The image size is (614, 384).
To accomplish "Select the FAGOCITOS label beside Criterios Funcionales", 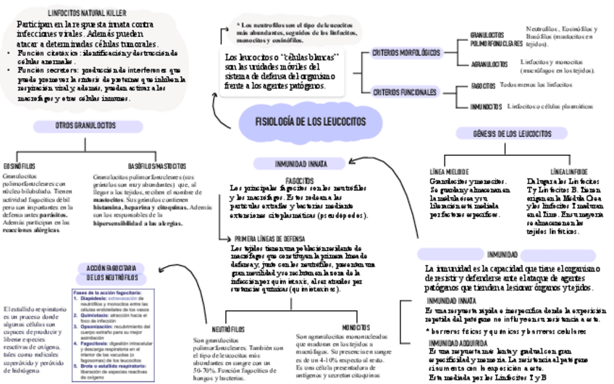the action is click(x=483, y=85).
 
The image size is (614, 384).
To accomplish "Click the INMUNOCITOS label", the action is click(x=486, y=107).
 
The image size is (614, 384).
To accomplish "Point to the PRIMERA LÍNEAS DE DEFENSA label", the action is click(x=269, y=238).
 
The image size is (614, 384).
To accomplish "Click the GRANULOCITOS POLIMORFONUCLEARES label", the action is click(x=496, y=39).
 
